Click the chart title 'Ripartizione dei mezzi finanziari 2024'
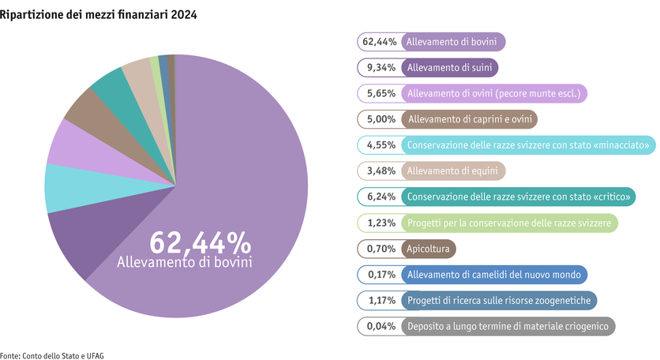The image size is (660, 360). [x=99, y=15]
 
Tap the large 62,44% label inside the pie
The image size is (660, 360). [x=200, y=242]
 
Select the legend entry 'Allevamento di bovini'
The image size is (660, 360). [x=456, y=43]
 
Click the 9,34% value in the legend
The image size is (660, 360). [x=380, y=69]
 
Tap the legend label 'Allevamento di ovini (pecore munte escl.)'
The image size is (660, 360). [x=493, y=94]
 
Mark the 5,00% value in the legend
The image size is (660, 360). [x=380, y=120]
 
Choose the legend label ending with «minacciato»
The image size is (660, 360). [x=528, y=145]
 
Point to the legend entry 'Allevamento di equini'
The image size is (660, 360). [x=455, y=171]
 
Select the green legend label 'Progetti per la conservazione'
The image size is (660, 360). [x=509, y=223]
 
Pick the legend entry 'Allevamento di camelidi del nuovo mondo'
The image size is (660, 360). [x=494, y=275]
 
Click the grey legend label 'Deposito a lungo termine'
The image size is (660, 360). [x=507, y=326]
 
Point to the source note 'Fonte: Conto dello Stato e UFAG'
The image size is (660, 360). [x=52, y=355]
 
